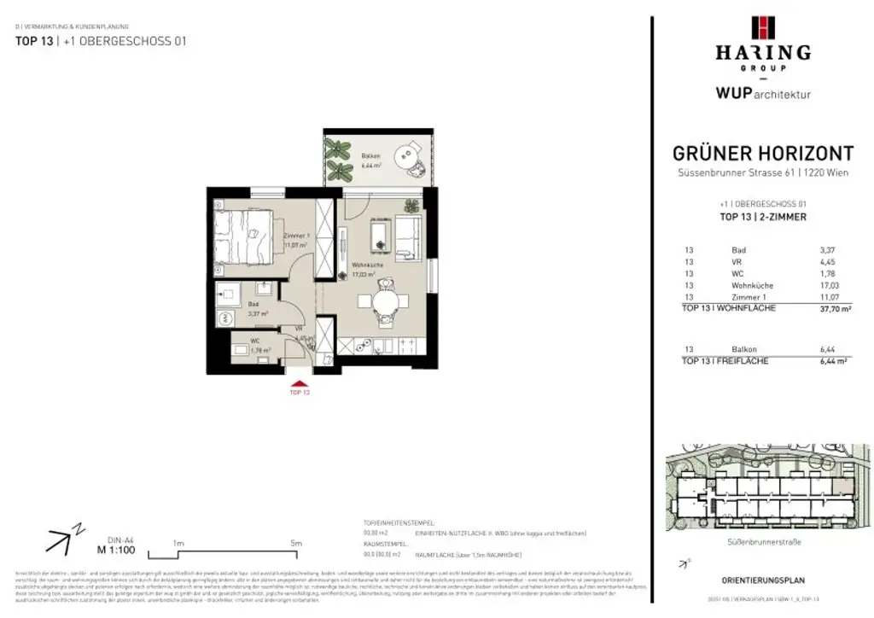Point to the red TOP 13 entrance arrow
(x=298, y=385)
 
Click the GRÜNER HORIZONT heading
(x=762, y=154)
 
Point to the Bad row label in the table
(x=738, y=250)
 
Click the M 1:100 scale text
(x=117, y=551)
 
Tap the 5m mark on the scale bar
(x=296, y=542)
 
